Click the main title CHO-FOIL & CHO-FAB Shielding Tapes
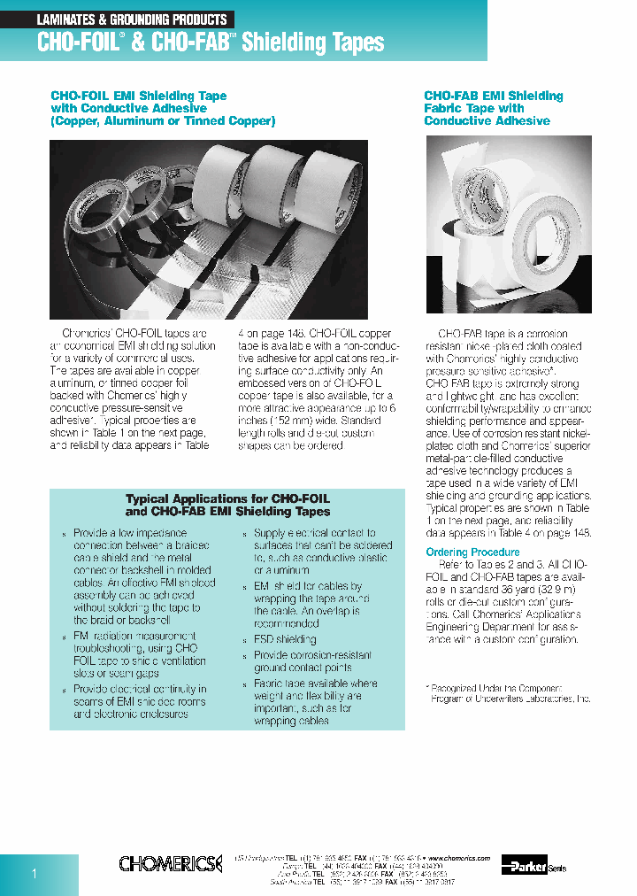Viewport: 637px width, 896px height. coord(211,42)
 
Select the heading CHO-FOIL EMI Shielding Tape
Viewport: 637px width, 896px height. coord(138,96)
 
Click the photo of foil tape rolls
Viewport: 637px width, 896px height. coord(208,229)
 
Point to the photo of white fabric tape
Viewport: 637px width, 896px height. coord(508,224)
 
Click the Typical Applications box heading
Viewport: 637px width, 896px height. coord(227,505)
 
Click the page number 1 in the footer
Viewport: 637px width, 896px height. coord(35,874)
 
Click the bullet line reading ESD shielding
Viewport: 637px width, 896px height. coord(284,638)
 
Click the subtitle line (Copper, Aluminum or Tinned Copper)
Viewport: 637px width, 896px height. coord(163,120)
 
